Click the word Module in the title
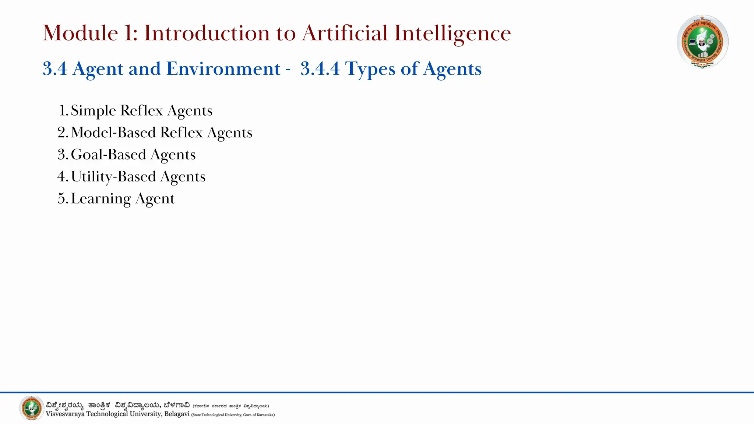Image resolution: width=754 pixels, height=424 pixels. click(x=80, y=33)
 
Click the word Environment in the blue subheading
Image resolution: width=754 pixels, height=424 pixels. click(x=223, y=69)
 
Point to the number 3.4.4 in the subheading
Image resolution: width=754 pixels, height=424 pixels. click(x=320, y=69)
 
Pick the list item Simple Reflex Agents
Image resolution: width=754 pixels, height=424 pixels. click(x=141, y=110)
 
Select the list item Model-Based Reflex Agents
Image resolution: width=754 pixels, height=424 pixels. click(x=161, y=132)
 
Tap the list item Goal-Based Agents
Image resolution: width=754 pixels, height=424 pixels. click(x=133, y=155)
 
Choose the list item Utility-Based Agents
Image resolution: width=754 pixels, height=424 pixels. click(x=138, y=177)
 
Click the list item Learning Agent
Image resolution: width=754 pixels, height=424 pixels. click(x=123, y=199)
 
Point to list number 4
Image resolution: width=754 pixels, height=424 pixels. click(x=62, y=177)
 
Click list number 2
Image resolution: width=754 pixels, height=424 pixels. click(x=62, y=132)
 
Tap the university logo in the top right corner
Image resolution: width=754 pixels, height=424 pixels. click(x=702, y=41)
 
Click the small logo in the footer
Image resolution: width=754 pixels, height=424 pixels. click(x=31, y=408)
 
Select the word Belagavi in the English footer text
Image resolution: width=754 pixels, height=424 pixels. click(x=177, y=414)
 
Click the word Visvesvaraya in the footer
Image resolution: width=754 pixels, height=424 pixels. click(x=65, y=414)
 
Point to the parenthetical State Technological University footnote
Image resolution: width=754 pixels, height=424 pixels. click(x=233, y=415)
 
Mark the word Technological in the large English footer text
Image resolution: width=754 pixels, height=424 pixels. click(x=107, y=414)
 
